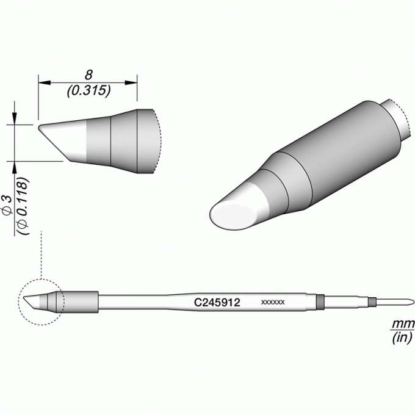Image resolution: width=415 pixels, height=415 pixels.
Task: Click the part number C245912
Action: (x=217, y=302)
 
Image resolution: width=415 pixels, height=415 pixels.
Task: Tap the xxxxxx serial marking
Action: (x=273, y=302)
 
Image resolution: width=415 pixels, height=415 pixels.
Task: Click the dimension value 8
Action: (x=88, y=75)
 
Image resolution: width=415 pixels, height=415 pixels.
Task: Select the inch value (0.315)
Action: (x=88, y=91)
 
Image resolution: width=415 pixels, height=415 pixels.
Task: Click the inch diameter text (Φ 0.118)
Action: (x=23, y=206)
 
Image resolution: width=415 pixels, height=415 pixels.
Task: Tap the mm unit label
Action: (x=403, y=323)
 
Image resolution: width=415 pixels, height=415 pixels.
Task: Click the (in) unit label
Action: (x=402, y=337)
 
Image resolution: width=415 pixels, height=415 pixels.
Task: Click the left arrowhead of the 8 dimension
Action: (x=44, y=83)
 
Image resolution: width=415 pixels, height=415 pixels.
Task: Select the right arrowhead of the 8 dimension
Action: (x=131, y=83)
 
